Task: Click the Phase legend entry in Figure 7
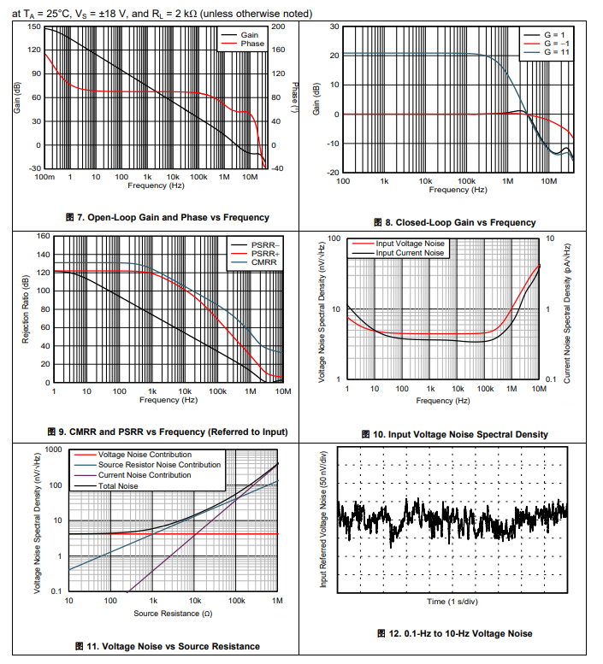(252, 44)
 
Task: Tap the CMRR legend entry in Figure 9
(264, 262)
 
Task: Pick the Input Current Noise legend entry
(411, 253)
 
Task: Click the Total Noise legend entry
(118, 486)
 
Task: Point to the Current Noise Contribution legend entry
(145, 475)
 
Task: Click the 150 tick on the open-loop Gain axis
(33, 27)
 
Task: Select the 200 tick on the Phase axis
(278, 26)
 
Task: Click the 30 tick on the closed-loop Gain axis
(334, 27)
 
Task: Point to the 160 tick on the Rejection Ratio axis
(43, 235)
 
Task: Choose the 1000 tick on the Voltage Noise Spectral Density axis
(54, 450)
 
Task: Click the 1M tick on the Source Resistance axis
(277, 602)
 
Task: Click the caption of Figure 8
(454, 222)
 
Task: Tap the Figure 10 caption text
(454, 434)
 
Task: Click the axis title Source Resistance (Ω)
(172, 614)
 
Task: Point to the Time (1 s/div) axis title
(453, 602)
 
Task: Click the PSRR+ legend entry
(264, 254)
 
